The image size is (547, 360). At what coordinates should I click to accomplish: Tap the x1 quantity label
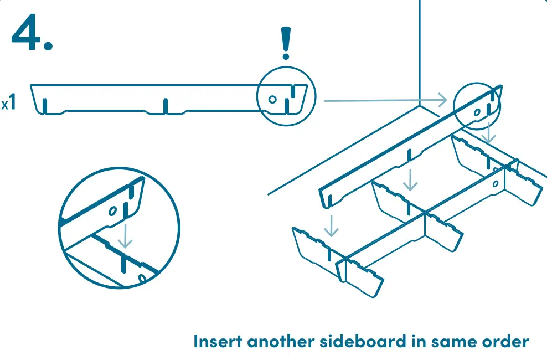pos(9,104)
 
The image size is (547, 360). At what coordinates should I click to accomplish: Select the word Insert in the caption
pos(218,341)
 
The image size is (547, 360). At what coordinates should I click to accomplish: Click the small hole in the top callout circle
pos(272,100)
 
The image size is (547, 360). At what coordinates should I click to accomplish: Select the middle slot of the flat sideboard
pos(165,106)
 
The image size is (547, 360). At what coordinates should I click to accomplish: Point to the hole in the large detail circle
pos(112,211)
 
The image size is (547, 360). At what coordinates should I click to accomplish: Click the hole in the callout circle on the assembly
pos(477,112)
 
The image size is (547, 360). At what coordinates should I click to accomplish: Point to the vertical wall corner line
pos(419,50)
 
